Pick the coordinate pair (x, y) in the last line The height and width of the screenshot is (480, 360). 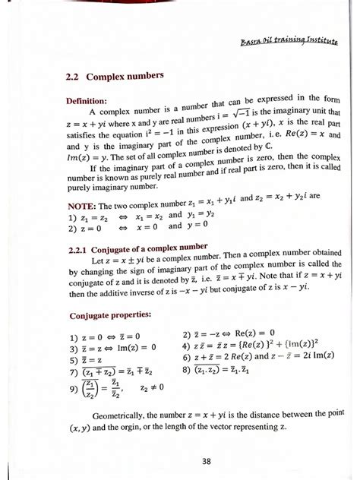pos(77,432)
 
